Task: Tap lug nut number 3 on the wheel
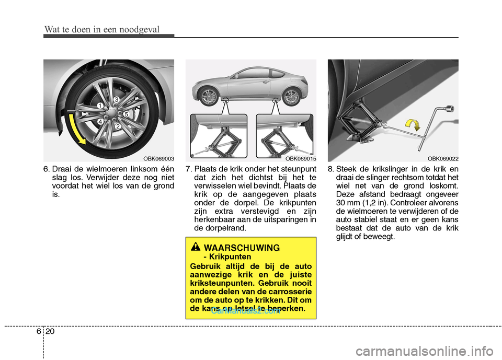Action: pyautogui.click(x=116, y=99)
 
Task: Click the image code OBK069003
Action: pyautogui.click(x=159, y=158)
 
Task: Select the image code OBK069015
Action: pyautogui.click(x=301, y=158)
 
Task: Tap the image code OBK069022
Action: pyautogui.click(x=443, y=158)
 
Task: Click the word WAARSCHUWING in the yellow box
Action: pyautogui.click(x=242, y=247)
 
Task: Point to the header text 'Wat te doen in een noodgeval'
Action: pyautogui.click(x=101, y=29)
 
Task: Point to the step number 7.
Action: pyautogui.click(x=188, y=169)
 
